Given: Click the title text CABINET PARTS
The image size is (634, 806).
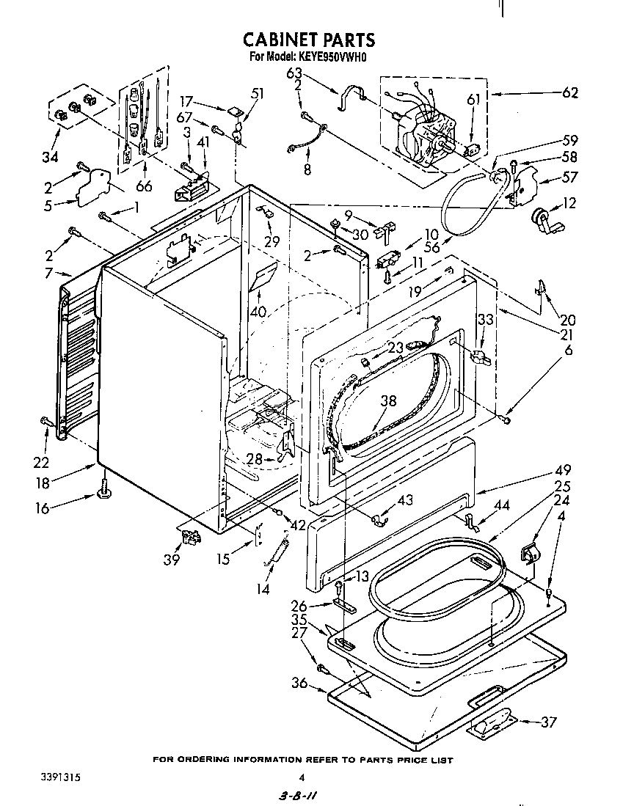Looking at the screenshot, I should pyautogui.click(x=308, y=40).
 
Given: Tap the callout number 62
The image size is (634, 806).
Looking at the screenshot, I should pyautogui.click(x=569, y=93).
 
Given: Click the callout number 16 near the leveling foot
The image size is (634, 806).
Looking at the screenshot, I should pyautogui.click(x=43, y=508).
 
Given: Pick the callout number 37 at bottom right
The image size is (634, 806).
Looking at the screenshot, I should pyautogui.click(x=549, y=721).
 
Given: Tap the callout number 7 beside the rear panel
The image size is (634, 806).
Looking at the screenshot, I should pyautogui.click(x=48, y=274).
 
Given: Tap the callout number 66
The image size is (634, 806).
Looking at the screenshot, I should pyautogui.click(x=144, y=187).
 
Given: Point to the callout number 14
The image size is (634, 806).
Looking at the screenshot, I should pyautogui.click(x=261, y=588).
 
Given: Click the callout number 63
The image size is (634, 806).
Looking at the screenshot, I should pyautogui.click(x=294, y=73).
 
